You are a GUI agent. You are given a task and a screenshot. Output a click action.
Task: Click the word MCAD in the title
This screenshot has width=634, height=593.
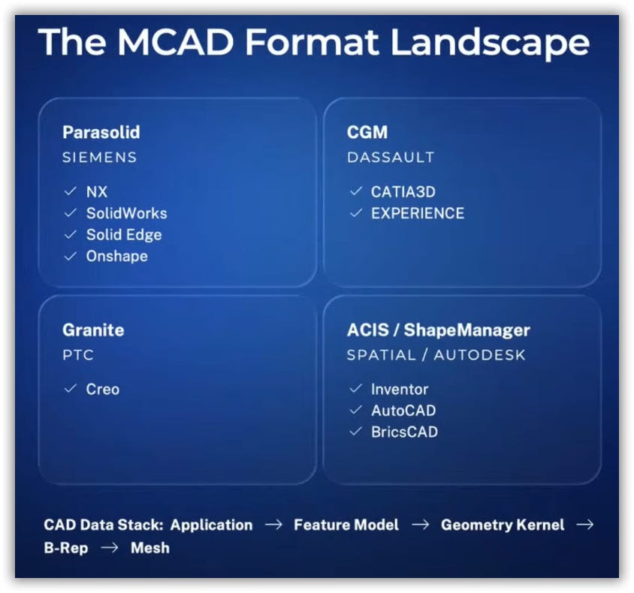tap(176, 42)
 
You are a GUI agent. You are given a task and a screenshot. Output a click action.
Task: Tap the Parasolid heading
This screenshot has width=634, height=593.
tap(101, 132)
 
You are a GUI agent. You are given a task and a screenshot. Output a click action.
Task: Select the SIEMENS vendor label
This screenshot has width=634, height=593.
tap(99, 157)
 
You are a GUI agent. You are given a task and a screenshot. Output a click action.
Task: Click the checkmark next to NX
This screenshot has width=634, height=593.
tap(71, 191)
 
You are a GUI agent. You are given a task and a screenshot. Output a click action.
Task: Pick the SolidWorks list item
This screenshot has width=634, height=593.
tap(126, 213)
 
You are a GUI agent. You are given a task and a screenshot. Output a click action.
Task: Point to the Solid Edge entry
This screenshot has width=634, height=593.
tap(124, 235)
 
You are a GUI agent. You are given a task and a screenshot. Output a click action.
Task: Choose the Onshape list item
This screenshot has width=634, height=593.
tap(117, 256)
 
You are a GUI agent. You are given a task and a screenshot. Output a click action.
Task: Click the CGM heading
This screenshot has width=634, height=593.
tap(367, 132)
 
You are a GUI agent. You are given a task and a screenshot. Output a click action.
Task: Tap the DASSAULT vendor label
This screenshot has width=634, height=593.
tap(391, 157)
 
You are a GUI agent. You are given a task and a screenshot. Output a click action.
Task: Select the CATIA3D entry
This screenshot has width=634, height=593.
tap(403, 192)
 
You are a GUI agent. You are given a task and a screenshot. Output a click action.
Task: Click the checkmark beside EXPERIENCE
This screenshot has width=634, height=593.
tap(356, 212)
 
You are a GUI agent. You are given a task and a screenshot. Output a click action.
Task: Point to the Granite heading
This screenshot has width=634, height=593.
tap(93, 330)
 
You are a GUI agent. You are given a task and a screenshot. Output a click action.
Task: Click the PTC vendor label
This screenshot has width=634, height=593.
tap(78, 355)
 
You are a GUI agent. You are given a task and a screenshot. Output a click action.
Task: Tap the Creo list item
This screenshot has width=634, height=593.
tap(103, 389)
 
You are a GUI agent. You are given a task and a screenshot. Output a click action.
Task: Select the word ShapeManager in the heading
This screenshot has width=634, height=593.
tap(467, 330)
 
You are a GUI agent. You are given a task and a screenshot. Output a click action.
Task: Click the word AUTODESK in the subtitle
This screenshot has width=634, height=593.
tap(479, 355)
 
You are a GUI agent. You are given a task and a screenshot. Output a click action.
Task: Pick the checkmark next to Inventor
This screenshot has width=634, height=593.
tap(356, 389)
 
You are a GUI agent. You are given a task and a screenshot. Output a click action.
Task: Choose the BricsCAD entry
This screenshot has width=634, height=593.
tap(404, 432)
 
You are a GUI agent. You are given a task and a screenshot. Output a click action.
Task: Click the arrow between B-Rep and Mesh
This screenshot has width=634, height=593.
tap(109, 548)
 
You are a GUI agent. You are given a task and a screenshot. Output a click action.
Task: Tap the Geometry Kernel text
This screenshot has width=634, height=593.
tap(503, 525)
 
